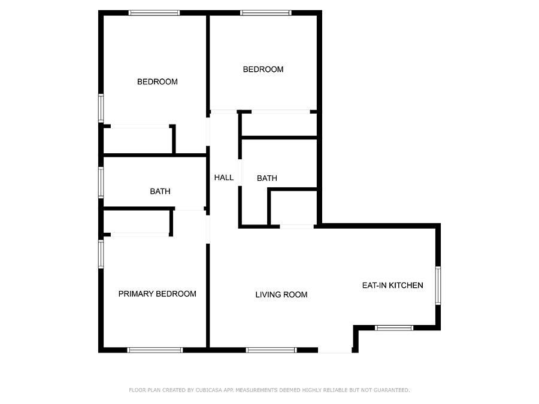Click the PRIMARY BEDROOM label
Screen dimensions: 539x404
point(157,294)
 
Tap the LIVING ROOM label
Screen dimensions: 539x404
point(281,294)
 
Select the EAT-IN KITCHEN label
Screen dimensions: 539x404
point(392,285)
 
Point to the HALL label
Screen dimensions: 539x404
point(224,178)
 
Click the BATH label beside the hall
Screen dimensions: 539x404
point(267,178)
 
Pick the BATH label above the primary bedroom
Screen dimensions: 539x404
point(160,192)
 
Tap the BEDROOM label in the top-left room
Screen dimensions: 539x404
point(158,82)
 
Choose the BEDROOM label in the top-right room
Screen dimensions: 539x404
point(264,69)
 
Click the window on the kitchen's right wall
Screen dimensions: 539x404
point(438,285)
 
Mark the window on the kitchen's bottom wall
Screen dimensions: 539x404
point(394,328)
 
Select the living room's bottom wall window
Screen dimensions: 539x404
point(271,350)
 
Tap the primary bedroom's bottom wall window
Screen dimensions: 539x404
point(155,350)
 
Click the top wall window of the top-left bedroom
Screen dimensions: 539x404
point(154,13)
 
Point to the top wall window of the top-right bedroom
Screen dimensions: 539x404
point(266,13)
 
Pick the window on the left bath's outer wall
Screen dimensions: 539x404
point(101,183)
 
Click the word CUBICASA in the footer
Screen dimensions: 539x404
point(209,390)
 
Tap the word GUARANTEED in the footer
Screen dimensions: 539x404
point(392,390)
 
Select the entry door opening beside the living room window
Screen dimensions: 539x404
point(335,350)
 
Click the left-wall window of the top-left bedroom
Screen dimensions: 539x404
point(101,108)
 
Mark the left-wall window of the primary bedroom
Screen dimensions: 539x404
point(101,254)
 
